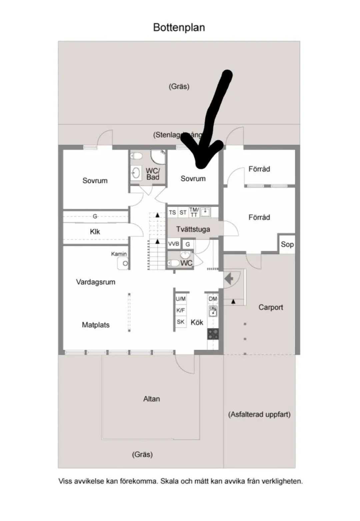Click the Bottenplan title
[x=179, y=27]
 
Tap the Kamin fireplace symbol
[x=124, y=263]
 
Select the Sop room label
[x=287, y=244]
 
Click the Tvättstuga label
[x=193, y=229]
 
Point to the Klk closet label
[x=95, y=231]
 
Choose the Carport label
[x=271, y=307]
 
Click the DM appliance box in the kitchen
[x=213, y=299]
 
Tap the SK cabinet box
[x=181, y=322]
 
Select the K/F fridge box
[x=181, y=311]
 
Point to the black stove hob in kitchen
[x=213, y=334]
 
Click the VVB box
[x=174, y=244]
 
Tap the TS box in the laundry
[x=172, y=212]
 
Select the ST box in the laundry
[x=183, y=212]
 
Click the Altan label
[x=152, y=399]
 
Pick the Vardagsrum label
[x=96, y=282]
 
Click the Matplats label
[x=96, y=325]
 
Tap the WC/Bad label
[x=153, y=174]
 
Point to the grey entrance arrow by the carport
[x=229, y=279]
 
